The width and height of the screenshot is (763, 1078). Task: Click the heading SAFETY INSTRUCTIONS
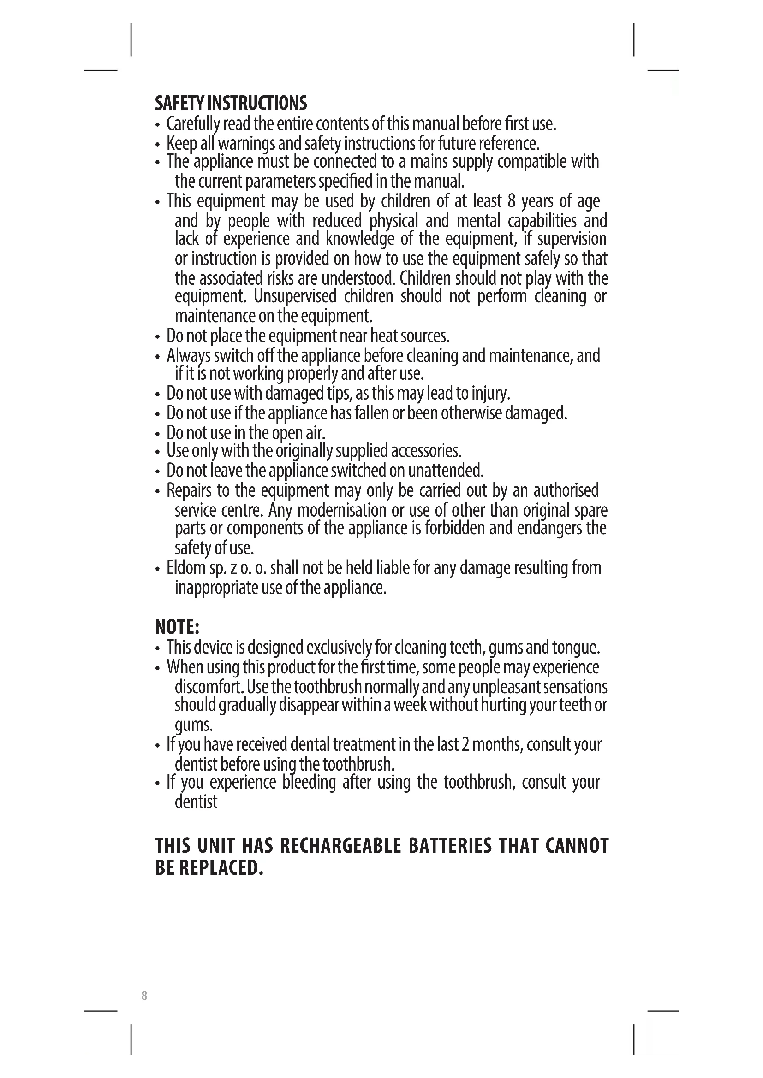coord(231,103)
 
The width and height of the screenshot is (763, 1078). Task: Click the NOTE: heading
coord(177,627)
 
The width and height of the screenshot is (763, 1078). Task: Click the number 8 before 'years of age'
coord(512,201)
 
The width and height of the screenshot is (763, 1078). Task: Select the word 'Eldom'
coord(186,568)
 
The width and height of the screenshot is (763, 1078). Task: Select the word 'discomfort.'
coord(209,687)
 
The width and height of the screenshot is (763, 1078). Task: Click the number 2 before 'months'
coord(465,745)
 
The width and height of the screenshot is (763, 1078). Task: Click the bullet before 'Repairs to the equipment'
coord(158,492)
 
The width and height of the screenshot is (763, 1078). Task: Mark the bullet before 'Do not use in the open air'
coord(158,433)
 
